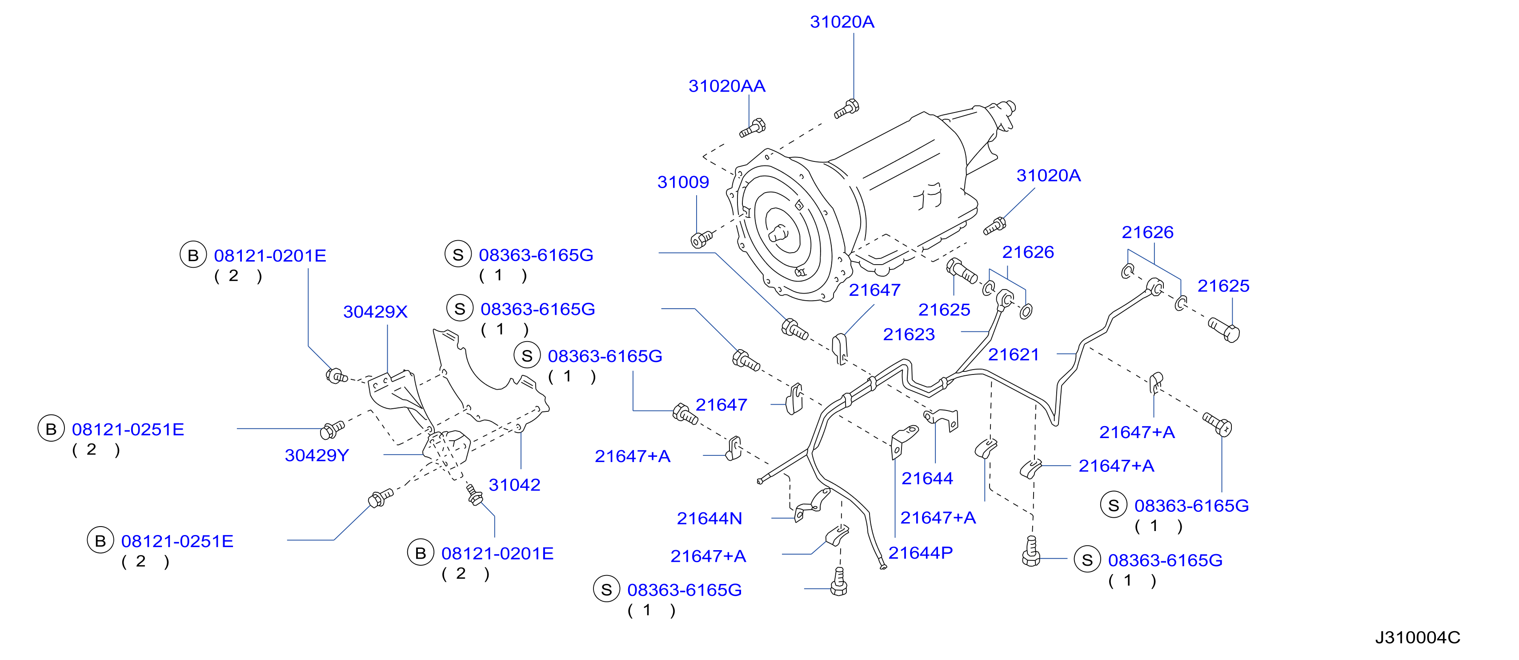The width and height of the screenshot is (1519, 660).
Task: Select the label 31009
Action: click(x=683, y=182)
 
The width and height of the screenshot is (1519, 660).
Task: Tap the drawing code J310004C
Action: click(x=1418, y=638)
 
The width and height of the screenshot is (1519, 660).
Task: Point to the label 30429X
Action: click(x=375, y=312)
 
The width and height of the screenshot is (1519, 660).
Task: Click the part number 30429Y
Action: click(x=317, y=455)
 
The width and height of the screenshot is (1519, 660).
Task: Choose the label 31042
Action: click(x=514, y=485)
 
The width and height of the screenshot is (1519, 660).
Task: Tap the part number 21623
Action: click(x=909, y=334)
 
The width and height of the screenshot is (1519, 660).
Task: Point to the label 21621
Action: click(x=1013, y=354)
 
